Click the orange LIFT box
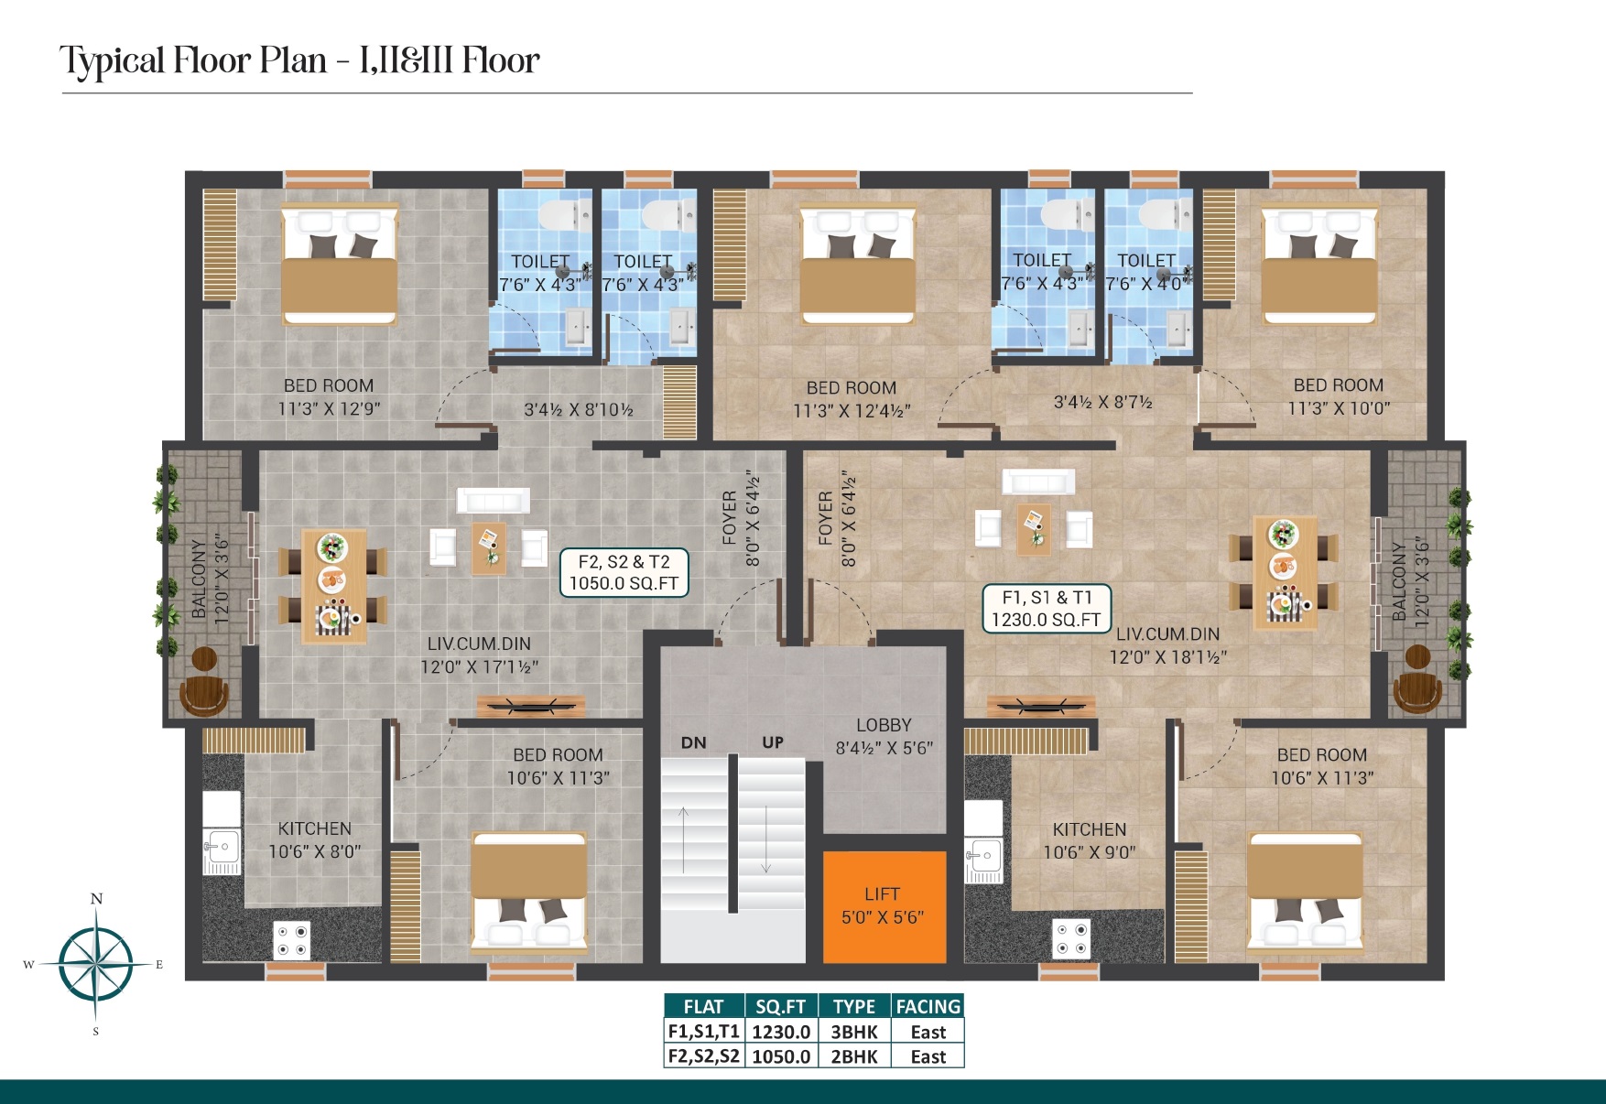point(884,906)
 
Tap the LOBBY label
point(884,725)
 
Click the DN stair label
point(694,742)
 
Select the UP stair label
point(773,742)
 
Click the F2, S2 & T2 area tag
point(624,573)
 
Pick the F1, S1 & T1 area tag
point(1047,609)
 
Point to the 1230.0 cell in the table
point(781,1032)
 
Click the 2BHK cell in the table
point(854,1056)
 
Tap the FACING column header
point(928,1007)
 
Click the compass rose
point(95,964)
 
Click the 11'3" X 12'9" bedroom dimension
point(329,408)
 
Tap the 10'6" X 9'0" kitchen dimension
point(1090,852)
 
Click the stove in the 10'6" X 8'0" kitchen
point(292,940)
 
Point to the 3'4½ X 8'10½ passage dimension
point(579,410)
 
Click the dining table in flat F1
point(1285,572)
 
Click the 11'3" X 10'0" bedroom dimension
point(1339,408)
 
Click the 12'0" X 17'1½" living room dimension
point(480,667)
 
